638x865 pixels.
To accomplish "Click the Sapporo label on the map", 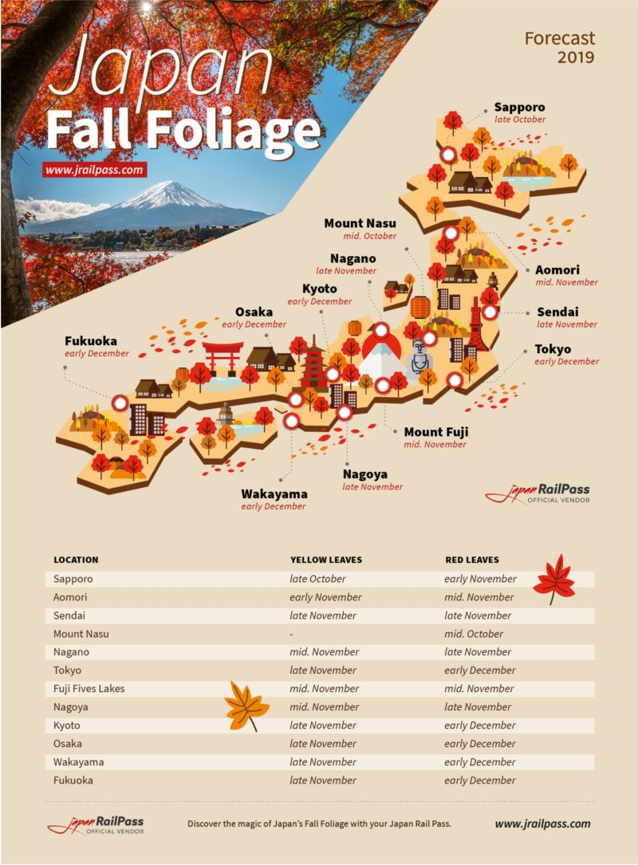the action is (x=519, y=107).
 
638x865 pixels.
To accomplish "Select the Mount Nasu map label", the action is (x=360, y=223).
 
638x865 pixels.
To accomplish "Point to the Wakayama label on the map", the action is (x=274, y=494).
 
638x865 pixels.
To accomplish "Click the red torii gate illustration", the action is (x=223, y=357).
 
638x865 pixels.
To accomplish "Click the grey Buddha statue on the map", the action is (x=419, y=360).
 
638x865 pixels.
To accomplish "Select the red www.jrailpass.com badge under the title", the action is (x=95, y=170).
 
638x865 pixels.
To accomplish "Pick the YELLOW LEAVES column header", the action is (x=325, y=560).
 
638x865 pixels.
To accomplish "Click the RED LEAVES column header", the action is (x=471, y=560).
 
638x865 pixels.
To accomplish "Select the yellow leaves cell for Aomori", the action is (x=325, y=597).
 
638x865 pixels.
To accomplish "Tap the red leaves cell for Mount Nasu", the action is (x=474, y=634).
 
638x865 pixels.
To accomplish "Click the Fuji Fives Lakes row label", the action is (x=89, y=689).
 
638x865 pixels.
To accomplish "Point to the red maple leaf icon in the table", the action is (x=554, y=580).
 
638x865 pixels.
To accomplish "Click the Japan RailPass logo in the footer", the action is (x=95, y=824).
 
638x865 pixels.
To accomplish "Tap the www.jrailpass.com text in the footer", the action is (x=542, y=824).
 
